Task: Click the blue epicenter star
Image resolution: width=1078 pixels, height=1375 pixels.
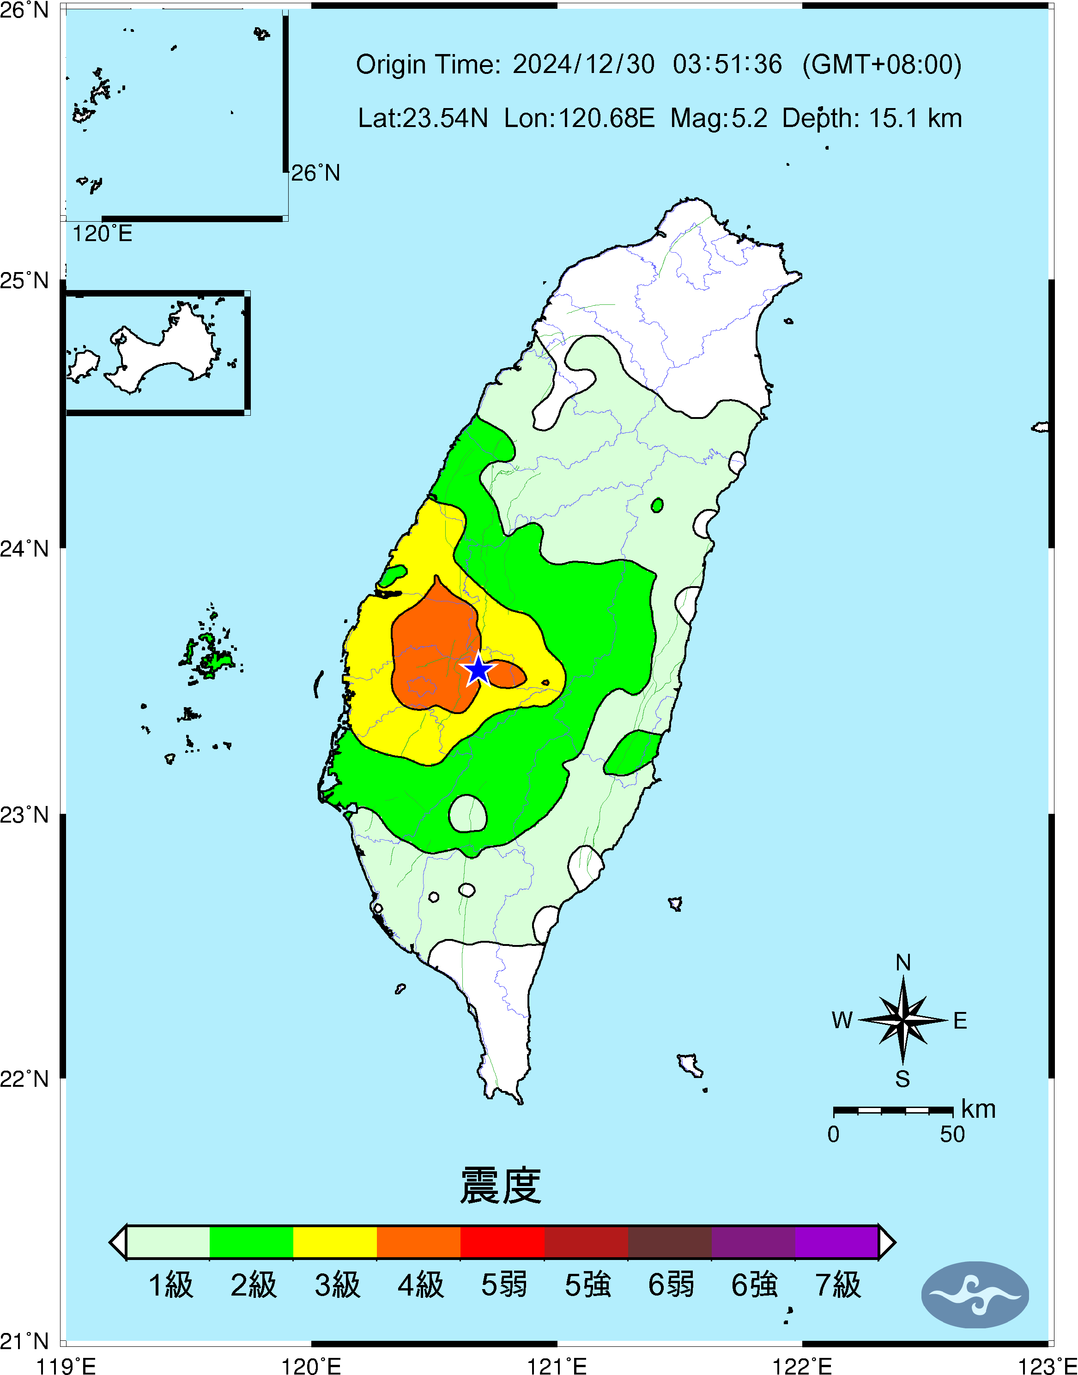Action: click(478, 670)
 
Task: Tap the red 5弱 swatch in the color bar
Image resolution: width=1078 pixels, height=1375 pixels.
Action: click(503, 1242)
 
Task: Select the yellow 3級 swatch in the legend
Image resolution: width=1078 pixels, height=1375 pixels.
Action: click(335, 1242)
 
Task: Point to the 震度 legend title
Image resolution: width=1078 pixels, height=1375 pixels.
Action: click(501, 1186)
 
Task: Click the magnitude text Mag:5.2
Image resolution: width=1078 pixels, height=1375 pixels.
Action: click(719, 118)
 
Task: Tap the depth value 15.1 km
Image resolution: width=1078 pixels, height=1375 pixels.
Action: click(915, 118)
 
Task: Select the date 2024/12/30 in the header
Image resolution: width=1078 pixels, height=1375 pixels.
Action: click(583, 64)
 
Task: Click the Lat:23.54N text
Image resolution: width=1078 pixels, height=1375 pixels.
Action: click(423, 118)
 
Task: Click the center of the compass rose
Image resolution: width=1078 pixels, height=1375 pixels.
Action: click(903, 1020)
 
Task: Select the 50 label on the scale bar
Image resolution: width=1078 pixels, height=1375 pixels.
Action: click(952, 1134)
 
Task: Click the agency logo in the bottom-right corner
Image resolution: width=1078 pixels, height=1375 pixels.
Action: click(975, 1294)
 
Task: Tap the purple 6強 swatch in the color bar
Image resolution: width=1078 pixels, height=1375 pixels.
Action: click(753, 1242)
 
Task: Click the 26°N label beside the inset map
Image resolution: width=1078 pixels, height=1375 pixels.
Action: click(315, 173)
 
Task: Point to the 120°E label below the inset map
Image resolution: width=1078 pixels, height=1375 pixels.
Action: click(102, 234)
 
